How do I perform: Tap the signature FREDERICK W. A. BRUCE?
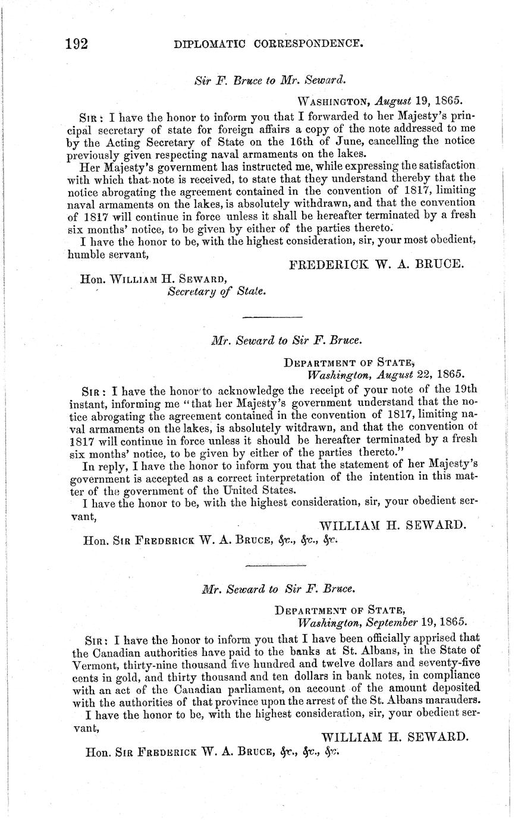(x=376, y=264)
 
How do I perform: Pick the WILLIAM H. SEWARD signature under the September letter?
(x=395, y=737)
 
